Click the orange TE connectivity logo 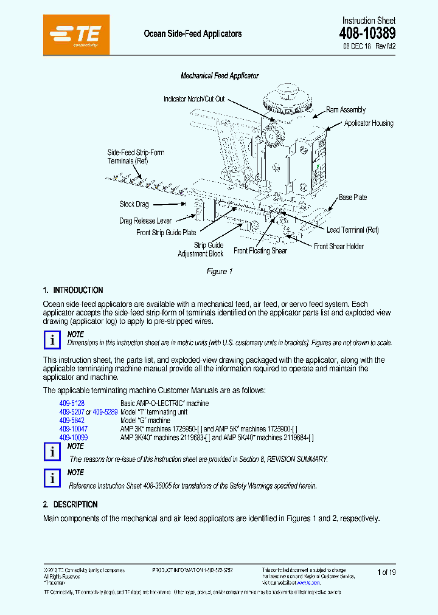[x=77, y=34]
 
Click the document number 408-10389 [x=367, y=33]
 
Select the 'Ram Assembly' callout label [x=346, y=110]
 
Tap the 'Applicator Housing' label [x=369, y=123]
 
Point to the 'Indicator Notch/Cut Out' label [x=194, y=99]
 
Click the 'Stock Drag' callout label [x=134, y=205]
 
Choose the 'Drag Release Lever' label [x=145, y=221]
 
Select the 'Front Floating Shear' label [x=260, y=251]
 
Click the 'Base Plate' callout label [x=353, y=198]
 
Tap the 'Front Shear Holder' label [x=339, y=246]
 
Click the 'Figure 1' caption [x=220, y=272]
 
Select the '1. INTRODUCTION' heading [x=73, y=290]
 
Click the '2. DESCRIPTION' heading [x=71, y=504]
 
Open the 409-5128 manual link [x=72, y=404]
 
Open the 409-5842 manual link [x=72, y=421]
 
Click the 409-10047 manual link [x=74, y=429]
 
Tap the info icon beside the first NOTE [x=53, y=340]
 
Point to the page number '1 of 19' [x=386, y=572]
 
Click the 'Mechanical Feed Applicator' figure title [x=220, y=76]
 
